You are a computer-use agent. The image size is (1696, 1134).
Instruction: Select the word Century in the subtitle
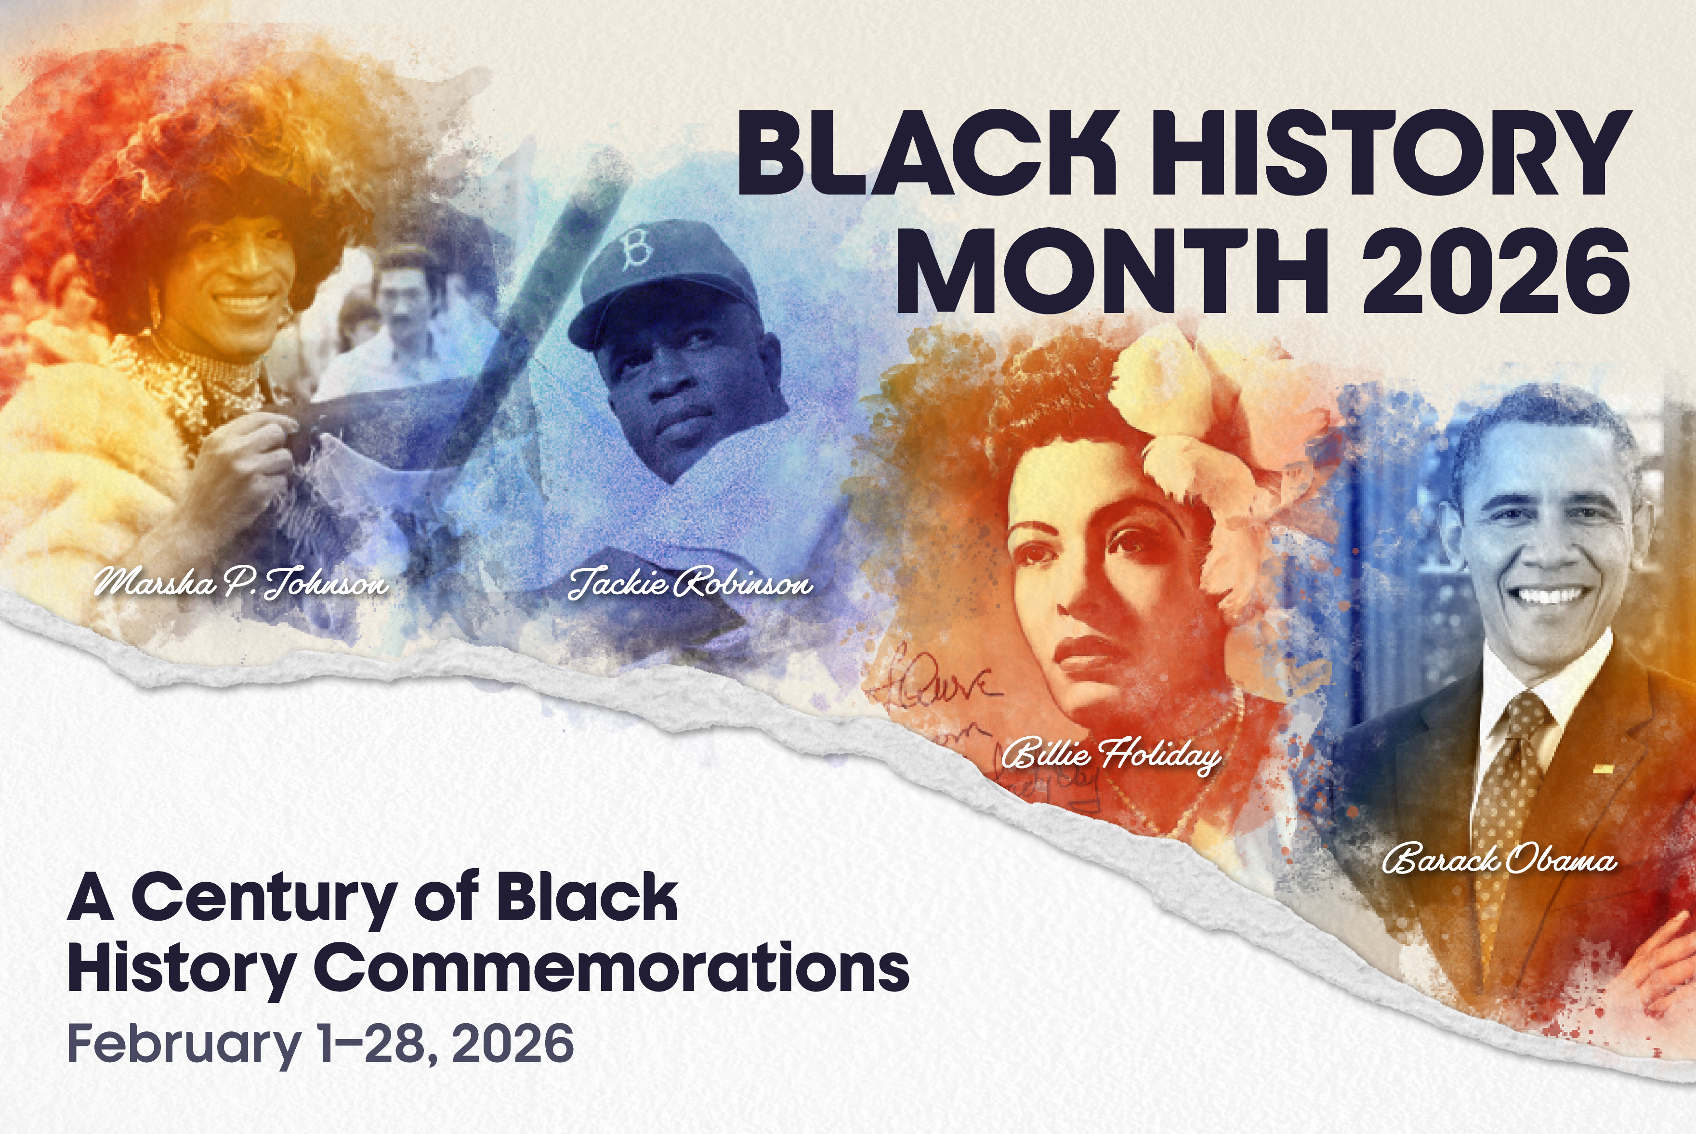click(264, 898)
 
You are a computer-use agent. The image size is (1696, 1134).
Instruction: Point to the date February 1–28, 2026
click(320, 1043)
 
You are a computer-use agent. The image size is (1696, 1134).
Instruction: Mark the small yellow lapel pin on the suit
click(1603, 769)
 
